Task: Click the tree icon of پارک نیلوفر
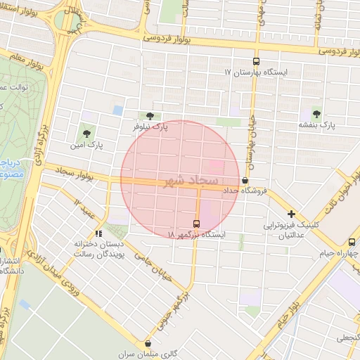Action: click(148, 116)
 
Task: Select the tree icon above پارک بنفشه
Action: click(316, 113)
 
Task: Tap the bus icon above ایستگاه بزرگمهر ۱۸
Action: click(196, 223)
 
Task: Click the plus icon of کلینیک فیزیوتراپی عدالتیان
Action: click(290, 214)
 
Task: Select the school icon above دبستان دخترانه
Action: click(98, 233)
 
